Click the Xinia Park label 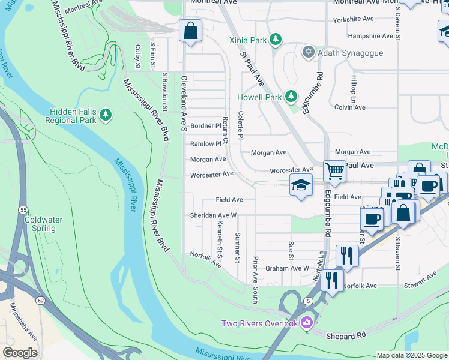point(248,40)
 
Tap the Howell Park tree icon point(291,96)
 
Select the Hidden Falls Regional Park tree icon point(106,113)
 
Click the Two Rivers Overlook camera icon point(307,323)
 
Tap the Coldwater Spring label point(43,224)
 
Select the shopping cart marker point(334,172)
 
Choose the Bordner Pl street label point(205,126)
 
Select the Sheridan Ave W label point(214,215)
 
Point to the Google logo point(20,353)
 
